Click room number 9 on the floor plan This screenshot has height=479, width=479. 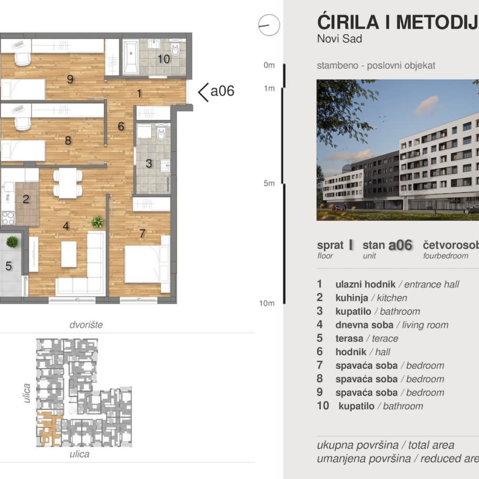click(70, 79)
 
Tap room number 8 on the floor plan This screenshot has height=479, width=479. click(68, 140)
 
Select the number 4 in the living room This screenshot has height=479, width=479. click(66, 226)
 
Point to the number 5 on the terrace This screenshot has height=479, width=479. click(9, 266)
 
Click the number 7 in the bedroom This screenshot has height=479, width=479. click(142, 233)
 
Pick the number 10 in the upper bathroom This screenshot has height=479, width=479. click(163, 59)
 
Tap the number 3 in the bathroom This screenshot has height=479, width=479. click(149, 163)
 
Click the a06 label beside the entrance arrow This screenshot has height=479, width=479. click(222, 92)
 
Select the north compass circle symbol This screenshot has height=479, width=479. click(269, 26)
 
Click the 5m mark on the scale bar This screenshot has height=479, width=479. click(268, 183)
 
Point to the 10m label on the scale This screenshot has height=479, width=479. click(267, 303)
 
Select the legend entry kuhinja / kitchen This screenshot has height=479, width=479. click(371, 298)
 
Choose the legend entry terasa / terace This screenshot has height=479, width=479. click(367, 338)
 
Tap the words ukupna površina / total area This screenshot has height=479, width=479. click(386, 445)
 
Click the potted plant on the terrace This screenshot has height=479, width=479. click(12, 242)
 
